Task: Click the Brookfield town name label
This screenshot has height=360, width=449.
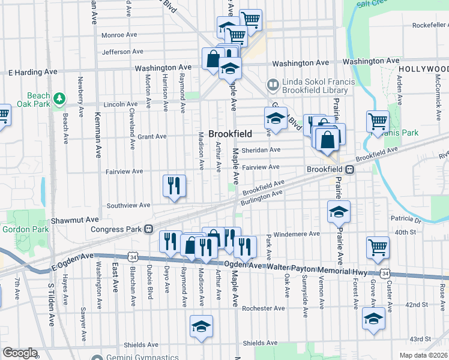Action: [x=230, y=134]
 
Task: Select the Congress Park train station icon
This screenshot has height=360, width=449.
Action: [x=148, y=229]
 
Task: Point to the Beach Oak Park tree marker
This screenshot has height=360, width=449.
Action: [x=59, y=98]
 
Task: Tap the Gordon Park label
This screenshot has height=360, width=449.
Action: [x=21, y=229]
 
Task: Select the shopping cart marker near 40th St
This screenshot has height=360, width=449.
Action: [x=378, y=247]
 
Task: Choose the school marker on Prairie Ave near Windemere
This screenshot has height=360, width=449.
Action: [x=339, y=211]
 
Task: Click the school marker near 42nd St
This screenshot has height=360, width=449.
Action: [x=373, y=319]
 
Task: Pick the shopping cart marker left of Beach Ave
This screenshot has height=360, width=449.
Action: [x=3, y=115]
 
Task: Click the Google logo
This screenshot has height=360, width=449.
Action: [x=20, y=353]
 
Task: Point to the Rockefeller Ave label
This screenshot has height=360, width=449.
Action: [x=430, y=25]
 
